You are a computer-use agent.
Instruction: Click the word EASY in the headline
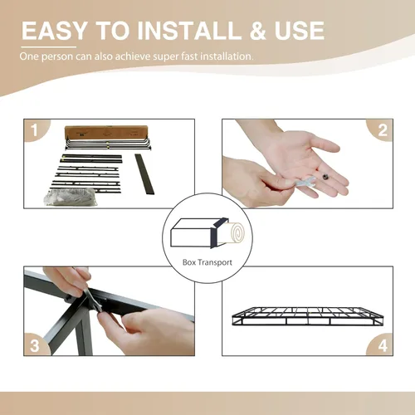tap(55, 31)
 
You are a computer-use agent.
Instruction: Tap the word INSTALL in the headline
tap(189, 31)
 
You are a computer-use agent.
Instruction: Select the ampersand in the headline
tap(258, 31)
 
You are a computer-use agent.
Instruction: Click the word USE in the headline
tap(300, 31)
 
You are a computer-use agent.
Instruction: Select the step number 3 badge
tap(35, 345)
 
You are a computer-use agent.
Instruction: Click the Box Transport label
tap(207, 262)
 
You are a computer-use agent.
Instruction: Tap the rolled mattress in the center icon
tap(232, 233)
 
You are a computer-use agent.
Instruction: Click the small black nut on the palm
tap(325, 176)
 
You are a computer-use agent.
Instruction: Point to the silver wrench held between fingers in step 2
tap(305, 183)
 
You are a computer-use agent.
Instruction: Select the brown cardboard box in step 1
tap(106, 133)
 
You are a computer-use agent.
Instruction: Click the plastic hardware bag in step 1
tap(71, 197)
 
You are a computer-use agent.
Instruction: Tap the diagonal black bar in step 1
tap(144, 174)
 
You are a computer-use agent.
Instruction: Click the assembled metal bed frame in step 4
tap(308, 316)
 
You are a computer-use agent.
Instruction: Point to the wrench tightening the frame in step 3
tap(93, 300)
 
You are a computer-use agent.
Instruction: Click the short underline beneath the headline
tap(49, 47)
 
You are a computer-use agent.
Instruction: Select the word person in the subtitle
tap(57, 56)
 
